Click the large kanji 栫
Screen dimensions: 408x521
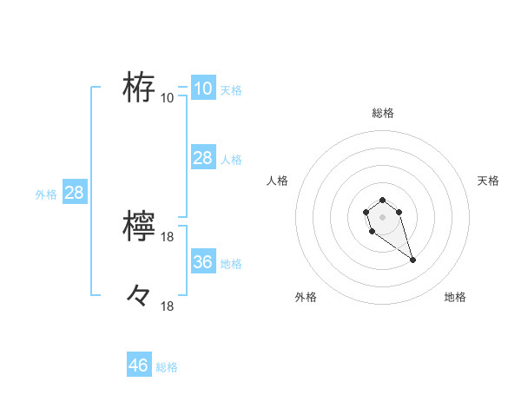(139, 87)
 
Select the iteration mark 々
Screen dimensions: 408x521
(139, 296)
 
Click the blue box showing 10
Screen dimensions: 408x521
(202, 88)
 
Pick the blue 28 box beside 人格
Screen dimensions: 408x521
(202, 157)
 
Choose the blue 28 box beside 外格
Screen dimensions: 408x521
(74, 193)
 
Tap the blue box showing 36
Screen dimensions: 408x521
(202, 261)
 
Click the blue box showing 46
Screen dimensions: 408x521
(138, 365)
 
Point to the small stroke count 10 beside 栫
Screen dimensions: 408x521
(168, 97)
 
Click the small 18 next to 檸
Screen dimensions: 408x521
(168, 237)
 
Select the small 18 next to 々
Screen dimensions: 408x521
(168, 306)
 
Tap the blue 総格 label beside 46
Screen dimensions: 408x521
(167, 367)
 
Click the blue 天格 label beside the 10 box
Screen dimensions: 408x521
(231, 89)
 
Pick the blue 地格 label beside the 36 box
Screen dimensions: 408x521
(231, 263)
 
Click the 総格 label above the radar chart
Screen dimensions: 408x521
(382, 113)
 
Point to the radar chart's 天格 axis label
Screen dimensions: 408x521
(488, 181)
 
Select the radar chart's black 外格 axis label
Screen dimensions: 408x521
(306, 297)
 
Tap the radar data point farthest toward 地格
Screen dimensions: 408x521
(412, 260)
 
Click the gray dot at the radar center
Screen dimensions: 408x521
(382, 216)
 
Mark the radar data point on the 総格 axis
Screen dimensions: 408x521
(382, 201)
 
